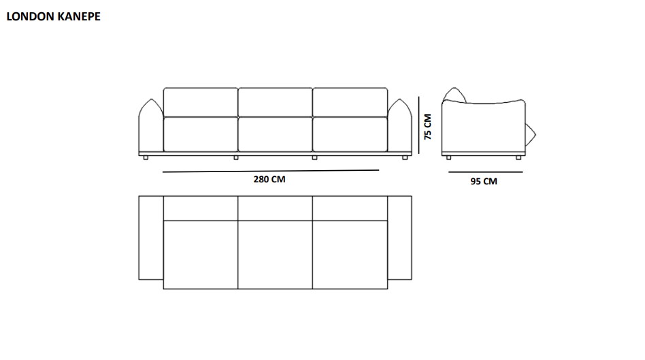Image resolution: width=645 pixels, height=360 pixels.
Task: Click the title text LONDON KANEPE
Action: (x=54, y=16)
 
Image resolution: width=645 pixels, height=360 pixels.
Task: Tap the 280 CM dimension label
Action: (x=269, y=180)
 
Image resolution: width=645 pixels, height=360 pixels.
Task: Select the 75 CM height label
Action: (x=428, y=127)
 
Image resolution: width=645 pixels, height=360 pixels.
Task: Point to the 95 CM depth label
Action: (x=484, y=182)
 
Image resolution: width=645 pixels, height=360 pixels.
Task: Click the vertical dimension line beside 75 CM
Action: (x=418, y=125)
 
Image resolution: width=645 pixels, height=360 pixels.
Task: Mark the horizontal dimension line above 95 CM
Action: (x=485, y=172)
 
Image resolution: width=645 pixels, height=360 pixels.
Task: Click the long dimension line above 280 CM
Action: (x=271, y=171)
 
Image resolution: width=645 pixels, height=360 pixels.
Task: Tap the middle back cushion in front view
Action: (x=275, y=102)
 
